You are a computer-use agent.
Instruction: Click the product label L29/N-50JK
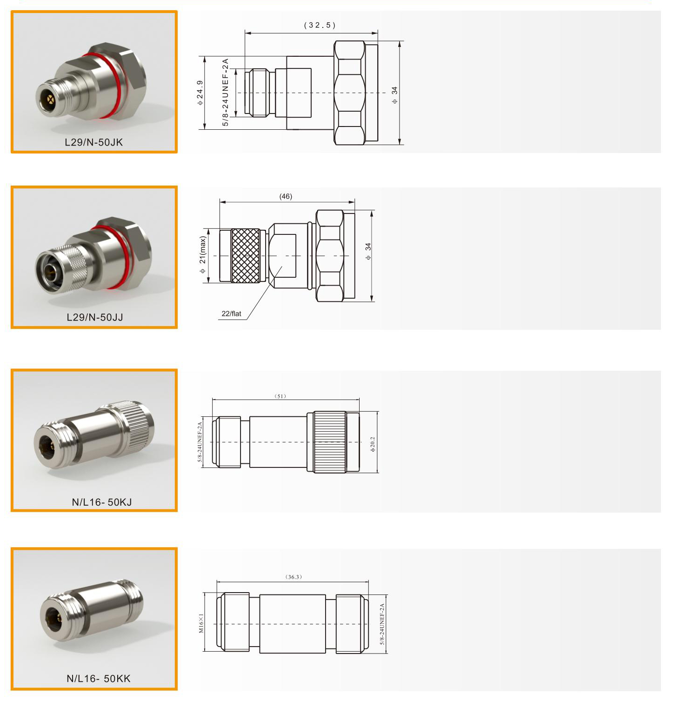94,142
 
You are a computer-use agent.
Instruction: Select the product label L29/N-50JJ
95,317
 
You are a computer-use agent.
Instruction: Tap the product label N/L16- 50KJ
102,502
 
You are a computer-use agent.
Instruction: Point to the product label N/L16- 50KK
99,678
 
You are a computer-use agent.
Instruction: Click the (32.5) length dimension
320,25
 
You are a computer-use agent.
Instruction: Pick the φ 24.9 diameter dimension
200,93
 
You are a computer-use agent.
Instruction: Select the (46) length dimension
286,196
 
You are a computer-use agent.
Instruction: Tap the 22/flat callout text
231,314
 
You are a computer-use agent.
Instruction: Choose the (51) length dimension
280,396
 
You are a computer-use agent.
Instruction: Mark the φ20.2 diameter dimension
373,444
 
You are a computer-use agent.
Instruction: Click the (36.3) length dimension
294,577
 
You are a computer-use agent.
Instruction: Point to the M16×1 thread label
201,623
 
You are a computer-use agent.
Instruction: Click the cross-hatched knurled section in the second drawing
246,255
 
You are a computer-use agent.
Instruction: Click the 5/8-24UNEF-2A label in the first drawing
225,92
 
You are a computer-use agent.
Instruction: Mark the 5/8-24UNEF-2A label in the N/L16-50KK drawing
382,624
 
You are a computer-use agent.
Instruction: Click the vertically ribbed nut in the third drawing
330,442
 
